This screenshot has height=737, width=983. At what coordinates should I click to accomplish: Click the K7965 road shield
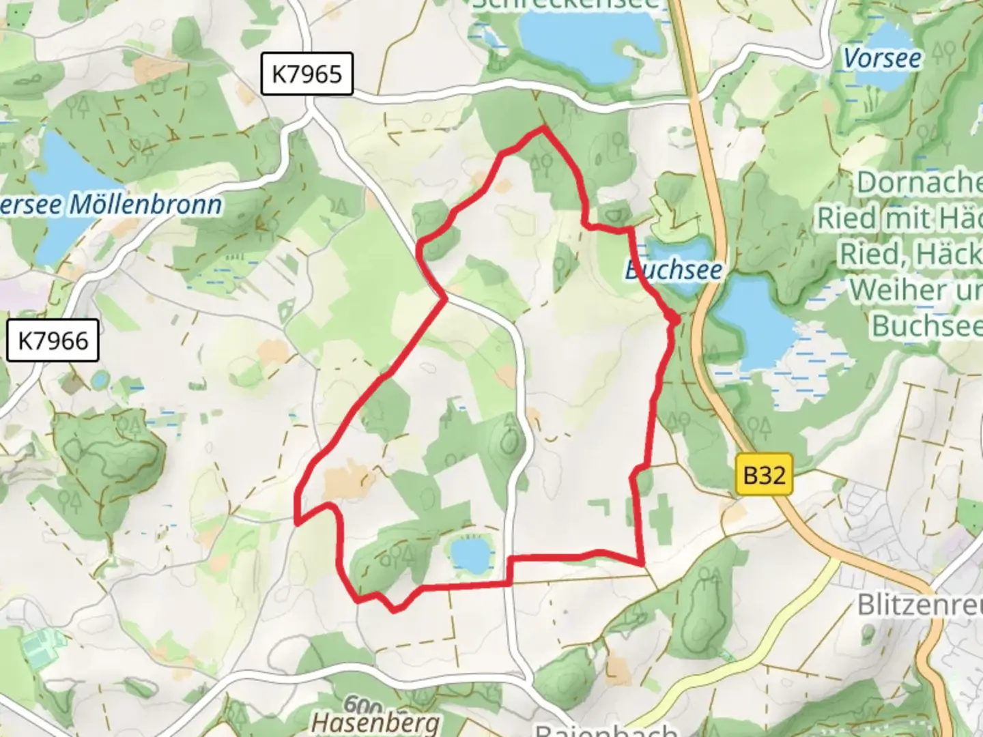307,74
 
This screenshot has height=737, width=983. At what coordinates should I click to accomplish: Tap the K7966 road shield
53,341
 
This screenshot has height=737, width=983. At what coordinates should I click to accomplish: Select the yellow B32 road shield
765,474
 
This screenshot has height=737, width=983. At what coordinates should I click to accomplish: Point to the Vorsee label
882,58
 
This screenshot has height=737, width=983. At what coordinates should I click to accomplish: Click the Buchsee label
674,270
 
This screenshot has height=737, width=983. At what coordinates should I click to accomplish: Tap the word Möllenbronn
146,205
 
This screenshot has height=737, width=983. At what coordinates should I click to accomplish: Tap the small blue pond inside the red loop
470,555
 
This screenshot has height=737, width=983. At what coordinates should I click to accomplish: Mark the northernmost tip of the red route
543,128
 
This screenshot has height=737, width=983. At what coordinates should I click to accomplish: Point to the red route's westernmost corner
297,523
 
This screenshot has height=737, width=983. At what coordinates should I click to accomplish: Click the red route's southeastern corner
643,564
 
